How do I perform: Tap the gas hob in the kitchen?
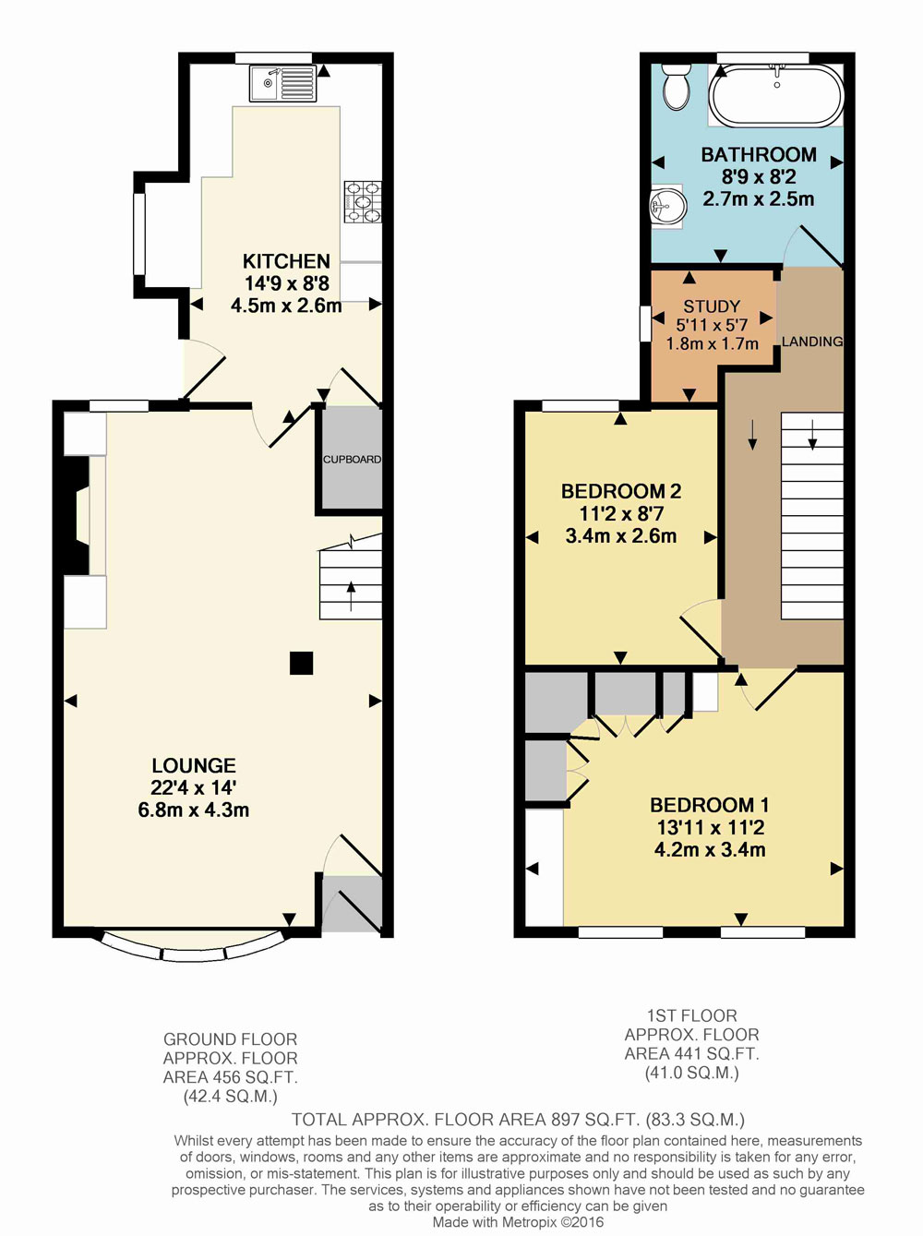pos(363,201)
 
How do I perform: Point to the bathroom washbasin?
pos(666,206)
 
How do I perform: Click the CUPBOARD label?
pos(352,460)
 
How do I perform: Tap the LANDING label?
pos(812,342)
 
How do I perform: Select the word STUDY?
pos(712,306)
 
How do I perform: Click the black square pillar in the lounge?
pos(301,662)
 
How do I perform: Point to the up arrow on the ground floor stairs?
pos(351,596)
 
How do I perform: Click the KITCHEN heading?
pos(286,261)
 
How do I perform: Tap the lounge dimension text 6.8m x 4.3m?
pos(194,810)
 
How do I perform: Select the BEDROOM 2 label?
pos(621,491)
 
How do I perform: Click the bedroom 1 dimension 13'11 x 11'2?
pos(711,827)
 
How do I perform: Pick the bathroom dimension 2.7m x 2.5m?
pos(758,198)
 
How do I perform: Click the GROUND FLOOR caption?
pos(230,1038)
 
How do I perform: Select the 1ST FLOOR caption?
pos(691,1015)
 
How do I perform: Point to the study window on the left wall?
pos(645,324)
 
